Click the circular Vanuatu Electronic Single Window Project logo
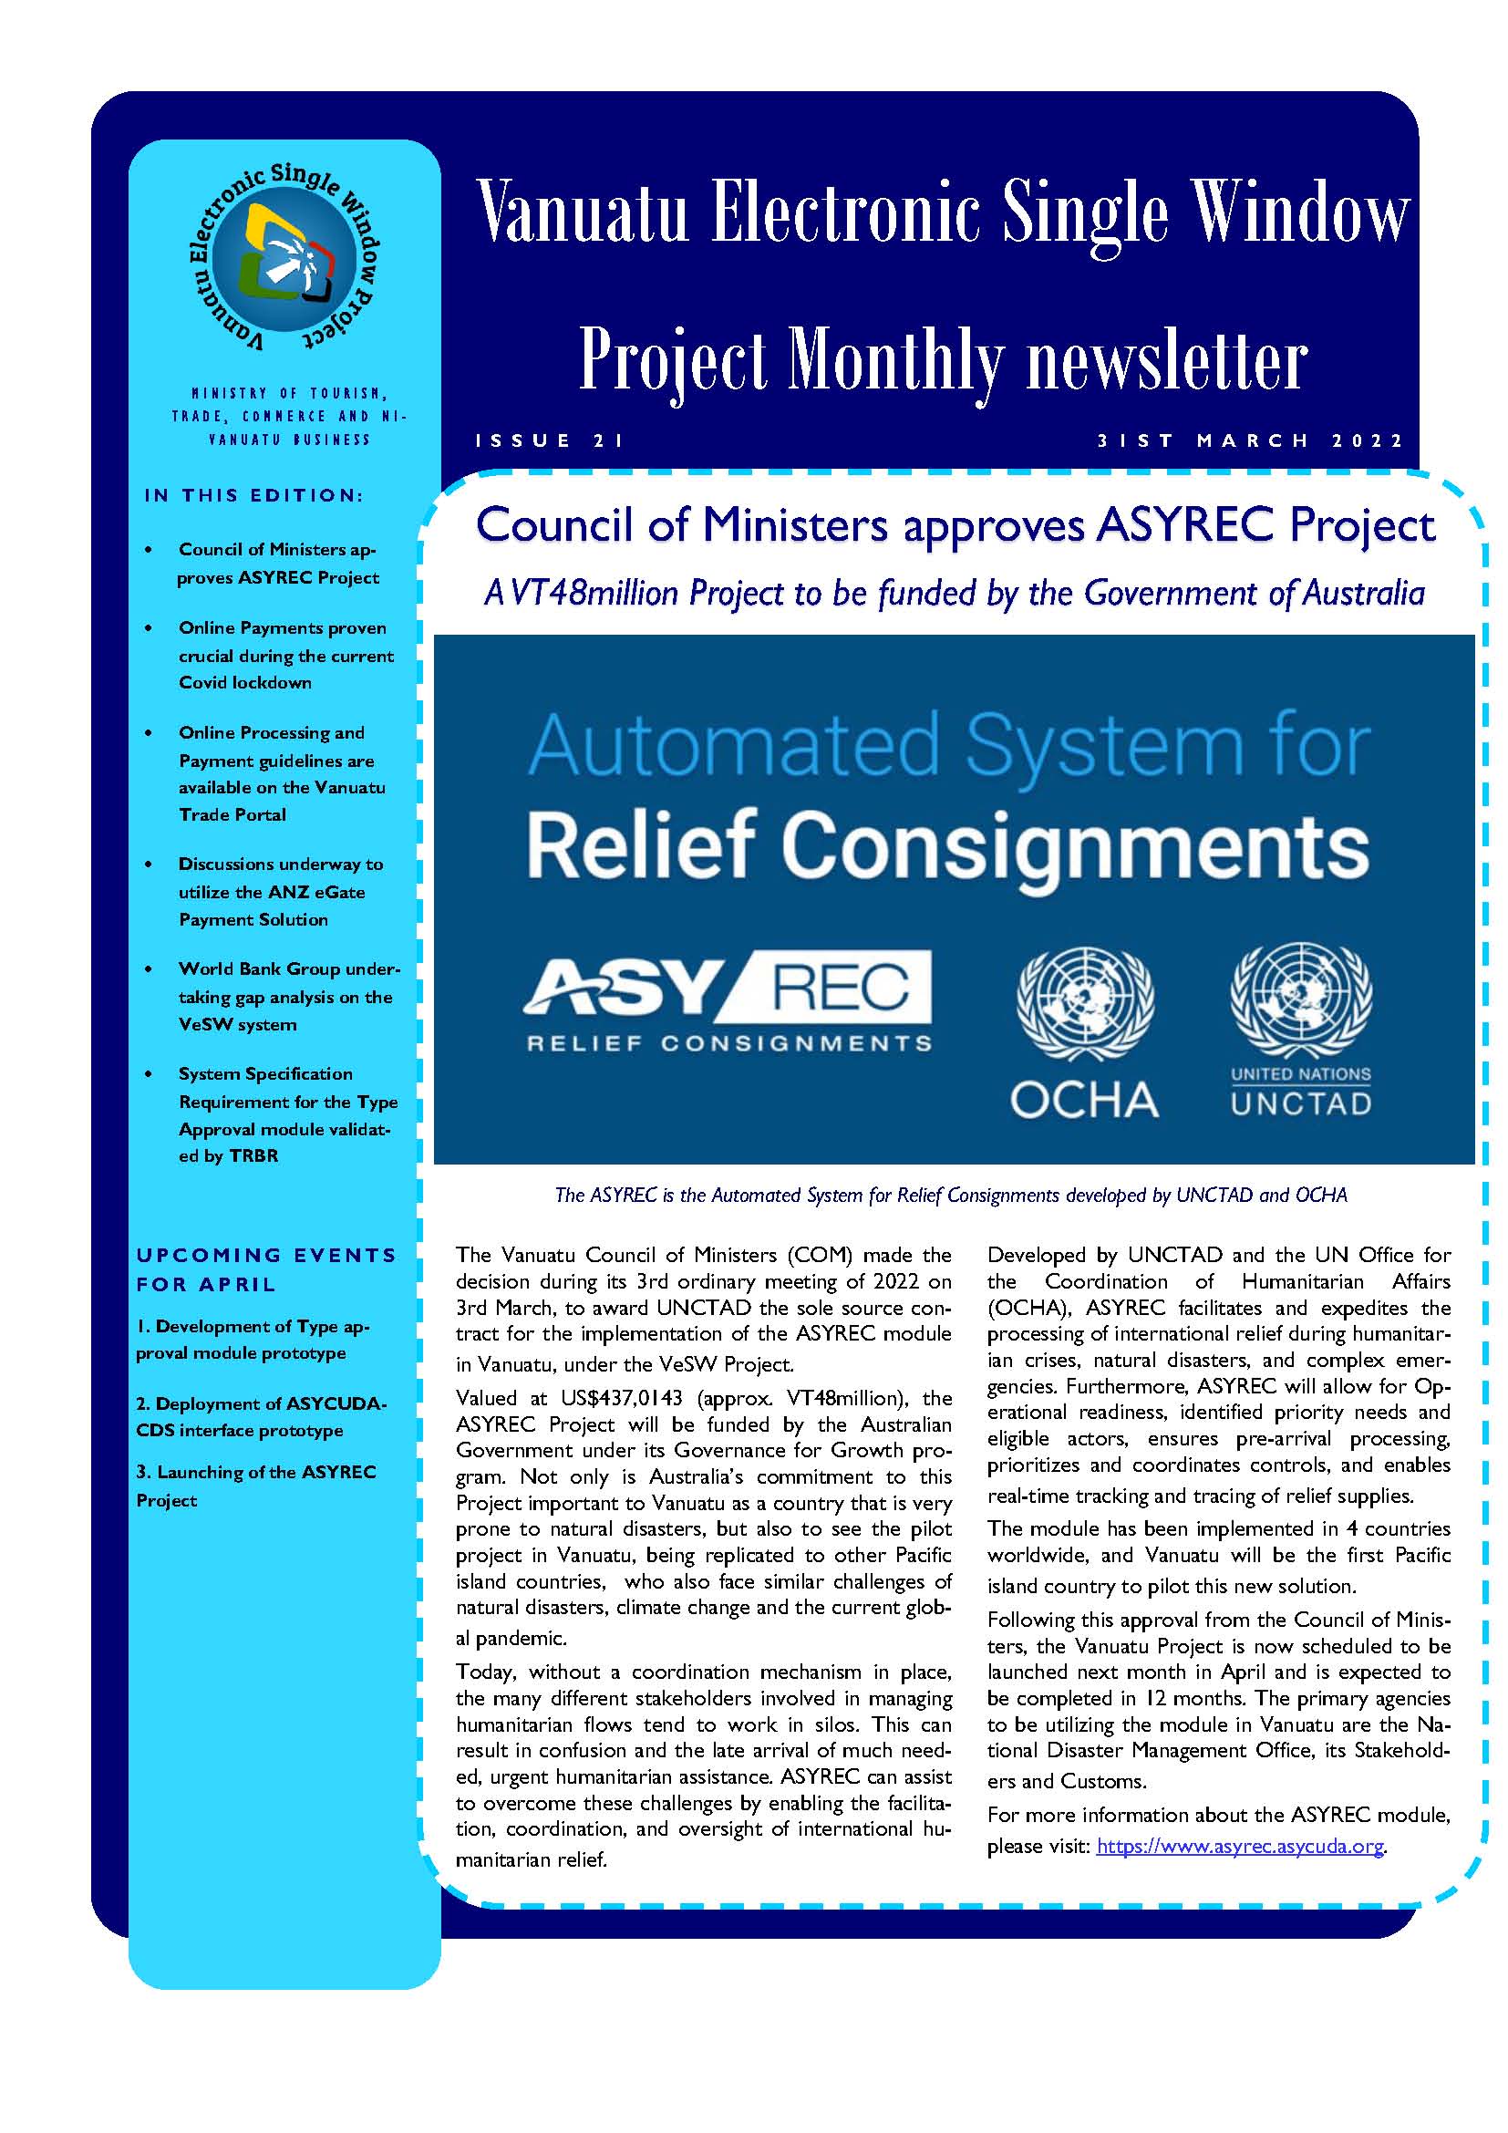pyautogui.click(x=284, y=258)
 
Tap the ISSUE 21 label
pyautogui.click(x=550, y=440)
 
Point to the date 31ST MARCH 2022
pyautogui.click(x=1250, y=440)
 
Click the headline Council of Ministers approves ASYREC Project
pyautogui.click(x=955, y=526)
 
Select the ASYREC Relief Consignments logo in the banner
pyautogui.click(x=728, y=1001)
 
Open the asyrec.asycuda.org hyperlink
pyautogui.click(x=1240, y=1846)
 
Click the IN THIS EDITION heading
pyautogui.click(x=253, y=495)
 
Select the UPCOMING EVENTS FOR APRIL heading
pyautogui.click(x=266, y=1269)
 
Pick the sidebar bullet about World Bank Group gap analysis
pyautogui.click(x=288, y=997)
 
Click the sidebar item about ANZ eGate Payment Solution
pyautogui.click(x=281, y=892)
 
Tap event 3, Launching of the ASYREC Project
pyautogui.click(x=256, y=1486)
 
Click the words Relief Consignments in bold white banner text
pyautogui.click(x=947, y=845)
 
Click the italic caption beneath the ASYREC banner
pyautogui.click(x=950, y=1196)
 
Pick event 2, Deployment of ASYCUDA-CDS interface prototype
pyautogui.click(x=261, y=1417)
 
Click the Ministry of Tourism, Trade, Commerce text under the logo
pyautogui.click(x=289, y=416)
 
